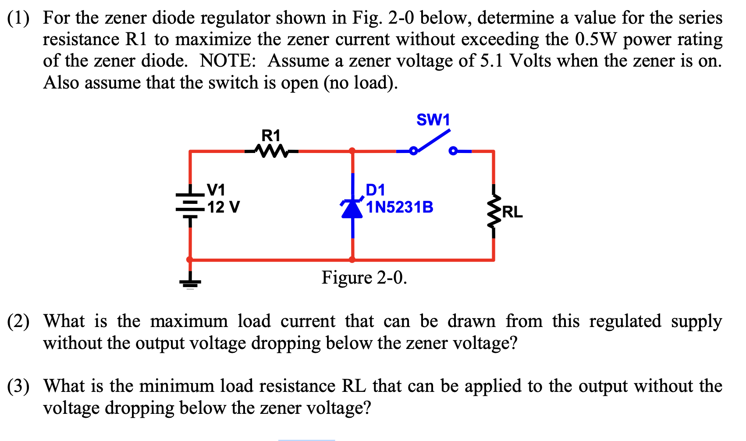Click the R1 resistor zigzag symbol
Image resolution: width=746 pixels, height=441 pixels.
click(271, 152)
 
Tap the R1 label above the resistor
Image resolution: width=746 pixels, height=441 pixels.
click(270, 135)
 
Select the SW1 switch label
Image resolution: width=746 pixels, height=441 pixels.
click(433, 120)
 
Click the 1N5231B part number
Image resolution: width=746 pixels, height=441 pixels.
click(400, 207)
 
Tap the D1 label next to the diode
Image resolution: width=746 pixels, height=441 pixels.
click(376, 190)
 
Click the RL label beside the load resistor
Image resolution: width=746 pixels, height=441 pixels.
click(512, 212)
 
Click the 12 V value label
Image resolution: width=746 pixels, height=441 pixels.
click(224, 207)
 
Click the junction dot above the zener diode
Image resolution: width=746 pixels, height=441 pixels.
click(352, 151)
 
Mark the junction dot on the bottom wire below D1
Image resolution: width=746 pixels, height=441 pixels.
click(352, 260)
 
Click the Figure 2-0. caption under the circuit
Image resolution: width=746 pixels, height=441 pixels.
click(364, 277)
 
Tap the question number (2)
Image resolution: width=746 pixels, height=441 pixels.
click(18, 321)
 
